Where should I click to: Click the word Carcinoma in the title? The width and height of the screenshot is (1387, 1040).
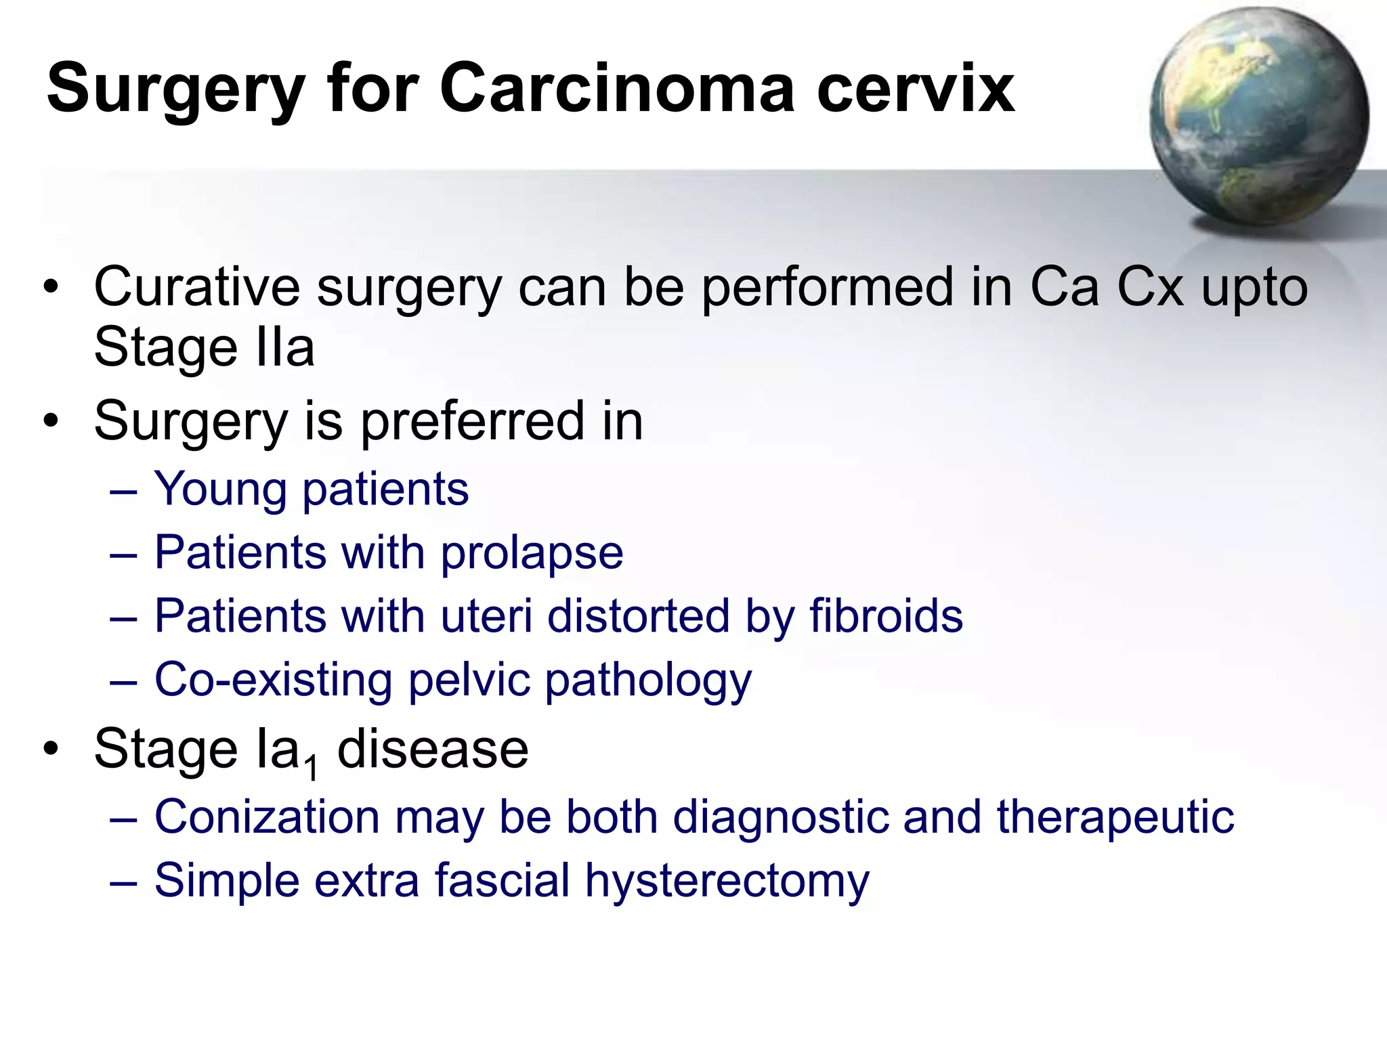(617, 89)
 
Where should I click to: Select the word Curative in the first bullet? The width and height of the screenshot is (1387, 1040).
(196, 287)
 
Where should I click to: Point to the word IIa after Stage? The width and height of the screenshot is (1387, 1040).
(285, 347)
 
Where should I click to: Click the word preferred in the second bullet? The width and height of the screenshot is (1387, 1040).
(471, 422)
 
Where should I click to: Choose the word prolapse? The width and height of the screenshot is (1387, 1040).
(532, 554)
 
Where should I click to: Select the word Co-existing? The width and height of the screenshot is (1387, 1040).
(273, 679)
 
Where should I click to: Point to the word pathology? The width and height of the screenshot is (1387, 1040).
(648, 680)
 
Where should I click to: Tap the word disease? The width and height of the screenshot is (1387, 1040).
(432, 750)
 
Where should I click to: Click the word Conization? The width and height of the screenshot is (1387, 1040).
(267, 817)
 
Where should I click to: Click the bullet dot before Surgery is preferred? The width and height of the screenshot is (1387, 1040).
(51, 422)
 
